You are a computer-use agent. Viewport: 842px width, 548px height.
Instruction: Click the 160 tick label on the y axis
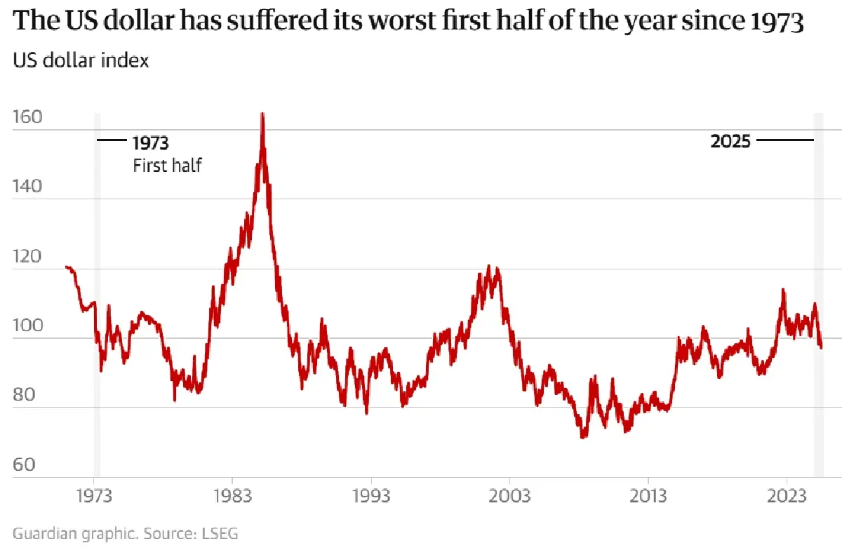(x=27, y=117)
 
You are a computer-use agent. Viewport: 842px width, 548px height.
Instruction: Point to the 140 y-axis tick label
(x=27, y=187)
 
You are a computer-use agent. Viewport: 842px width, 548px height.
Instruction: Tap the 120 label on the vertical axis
(x=27, y=257)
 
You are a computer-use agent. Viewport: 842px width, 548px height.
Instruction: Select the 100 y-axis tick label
(x=27, y=326)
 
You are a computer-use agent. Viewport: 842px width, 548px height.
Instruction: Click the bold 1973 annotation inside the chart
(x=151, y=143)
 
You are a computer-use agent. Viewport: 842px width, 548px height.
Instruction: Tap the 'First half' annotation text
(x=167, y=166)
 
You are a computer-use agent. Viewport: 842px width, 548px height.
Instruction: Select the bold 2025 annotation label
(x=730, y=141)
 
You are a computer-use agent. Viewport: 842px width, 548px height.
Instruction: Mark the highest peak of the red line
(x=262, y=114)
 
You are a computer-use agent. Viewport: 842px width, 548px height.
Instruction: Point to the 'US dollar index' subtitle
(x=81, y=60)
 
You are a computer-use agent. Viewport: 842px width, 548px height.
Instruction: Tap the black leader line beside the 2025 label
(x=784, y=141)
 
